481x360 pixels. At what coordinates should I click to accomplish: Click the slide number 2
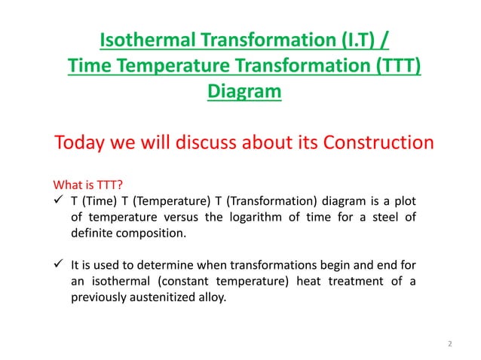(450, 344)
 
